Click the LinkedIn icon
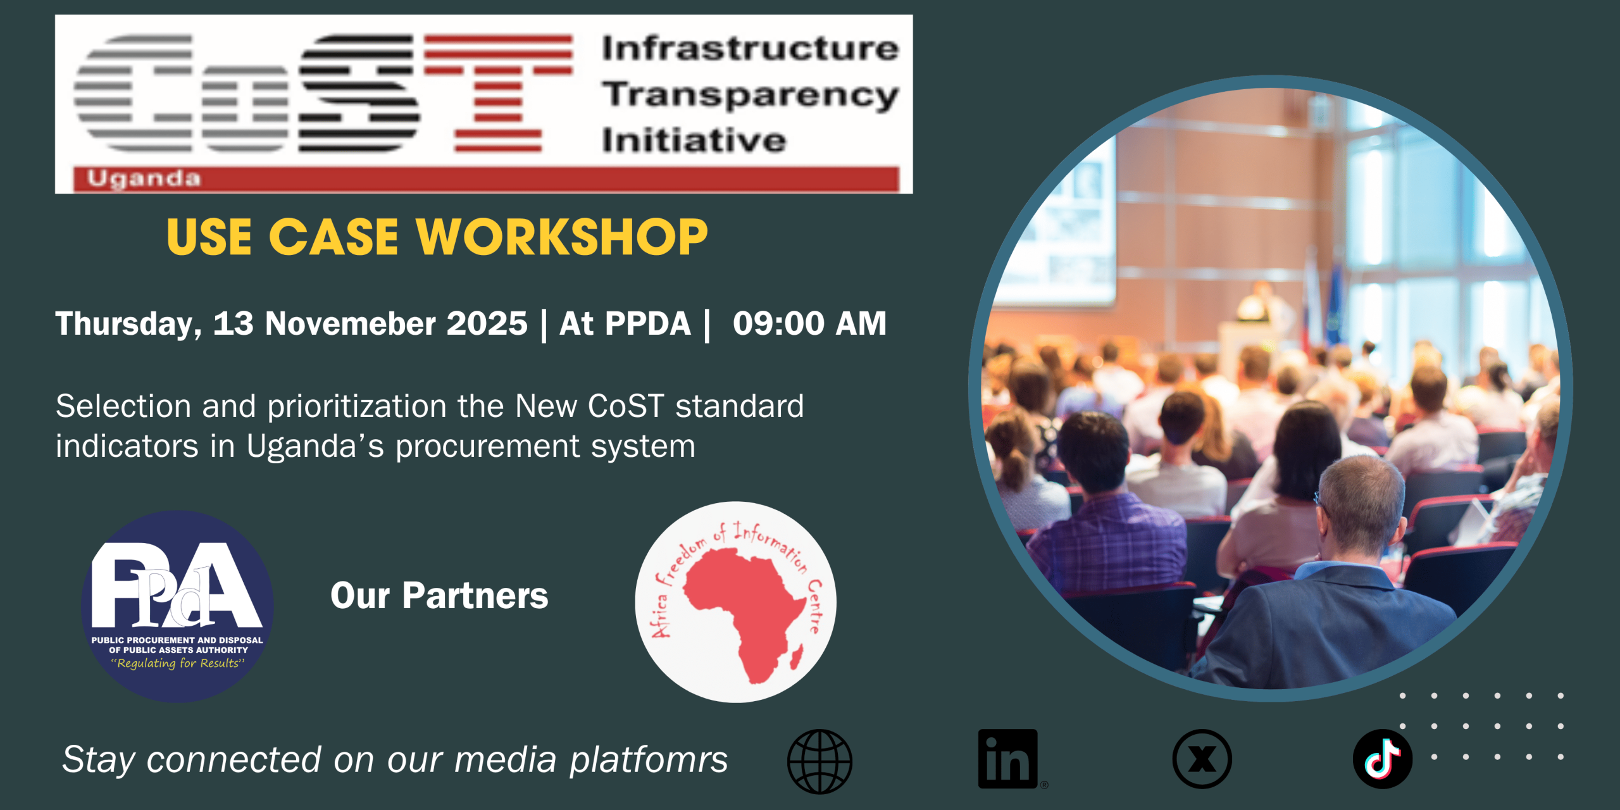click(x=1008, y=759)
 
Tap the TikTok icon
click(x=1383, y=759)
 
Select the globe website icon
click(x=819, y=761)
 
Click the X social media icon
click(x=1202, y=759)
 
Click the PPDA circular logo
click(x=177, y=606)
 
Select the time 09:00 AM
click(x=809, y=323)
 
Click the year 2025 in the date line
click(x=487, y=323)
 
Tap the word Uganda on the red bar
click(x=144, y=179)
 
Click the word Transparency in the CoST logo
click(x=751, y=96)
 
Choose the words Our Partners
click(x=439, y=595)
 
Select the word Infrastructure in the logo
click(x=751, y=49)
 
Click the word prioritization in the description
click(x=357, y=407)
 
